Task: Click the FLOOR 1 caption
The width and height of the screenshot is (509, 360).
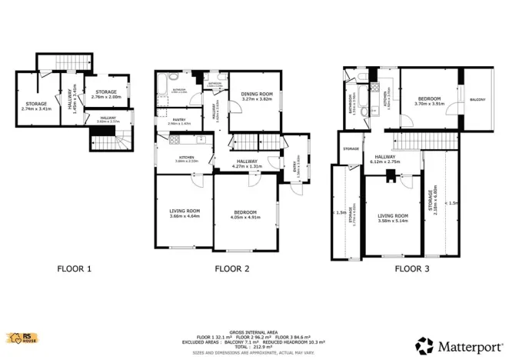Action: pos(75,269)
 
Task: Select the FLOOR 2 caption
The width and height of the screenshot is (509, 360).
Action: pos(231,269)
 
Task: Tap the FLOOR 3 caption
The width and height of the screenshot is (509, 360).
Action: pos(413,269)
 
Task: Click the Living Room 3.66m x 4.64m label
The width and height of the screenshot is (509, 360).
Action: pos(185,213)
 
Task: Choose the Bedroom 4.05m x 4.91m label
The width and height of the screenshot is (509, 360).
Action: pos(246,214)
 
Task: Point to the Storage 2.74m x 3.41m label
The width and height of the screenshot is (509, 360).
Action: pos(36,106)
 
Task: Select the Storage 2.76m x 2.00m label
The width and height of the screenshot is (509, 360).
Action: pos(106,95)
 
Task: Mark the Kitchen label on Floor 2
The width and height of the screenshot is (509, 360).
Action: pos(186,158)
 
